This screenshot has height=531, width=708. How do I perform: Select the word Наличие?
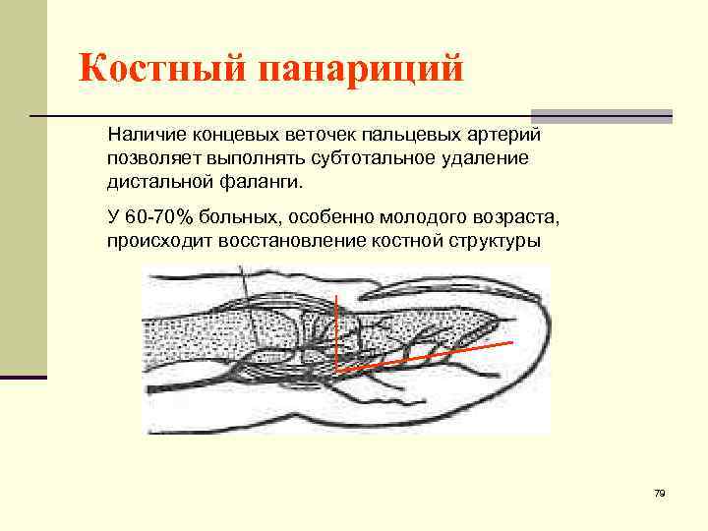pyautogui.click(x=143, y=133)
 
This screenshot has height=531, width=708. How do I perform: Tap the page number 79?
pyautogui.click(x=660, y=493)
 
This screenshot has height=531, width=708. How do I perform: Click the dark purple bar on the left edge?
pyautogui.click(x=23, y=377)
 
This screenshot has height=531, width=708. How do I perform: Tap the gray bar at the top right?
pyautogui.click(x=601, y=115)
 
